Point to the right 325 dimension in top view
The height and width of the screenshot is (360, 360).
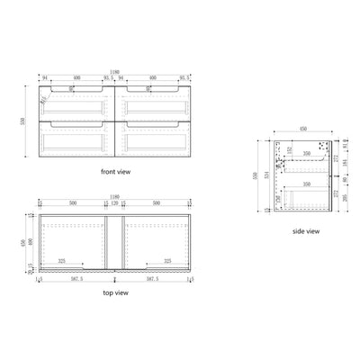167,262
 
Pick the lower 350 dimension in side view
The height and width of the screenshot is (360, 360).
308,183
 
